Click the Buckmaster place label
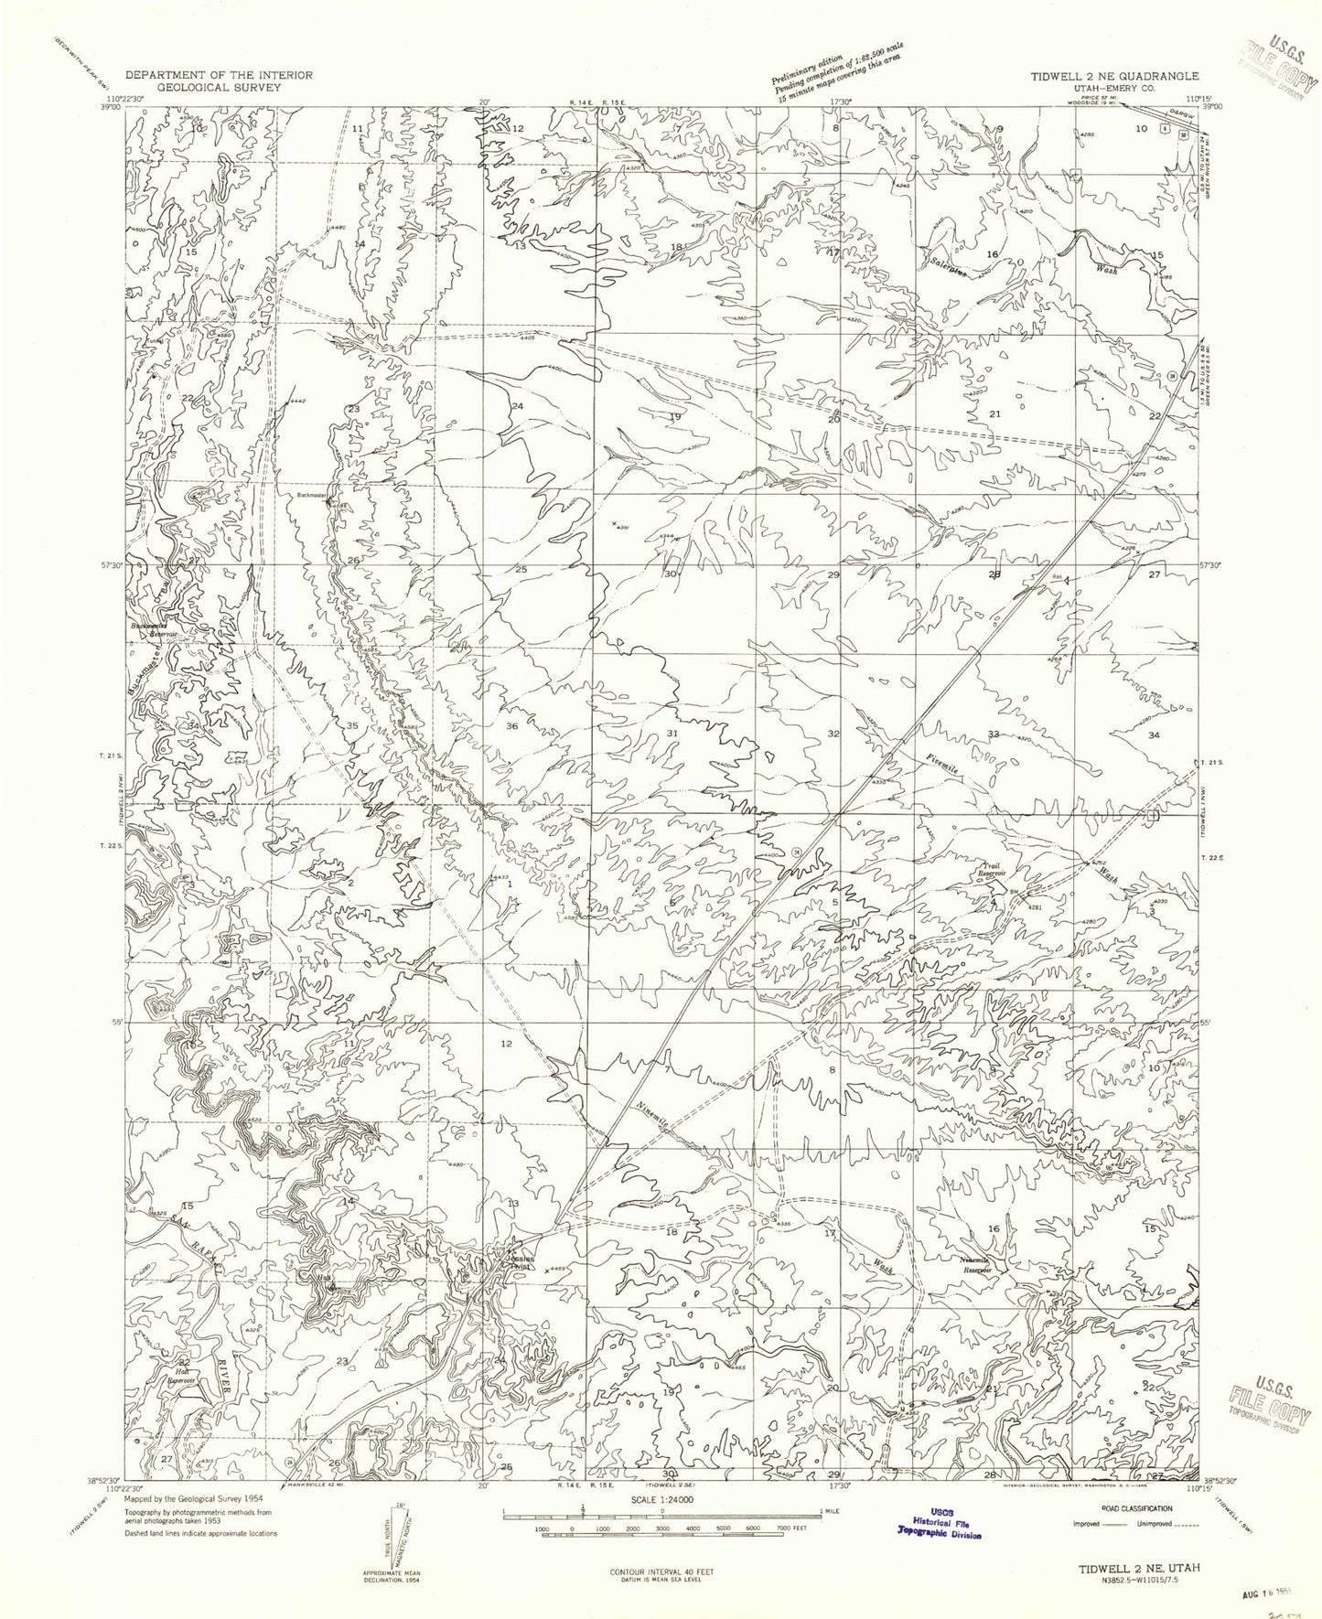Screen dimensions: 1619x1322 tap(312, 495)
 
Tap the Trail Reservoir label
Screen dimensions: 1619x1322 tap(987, 870)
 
